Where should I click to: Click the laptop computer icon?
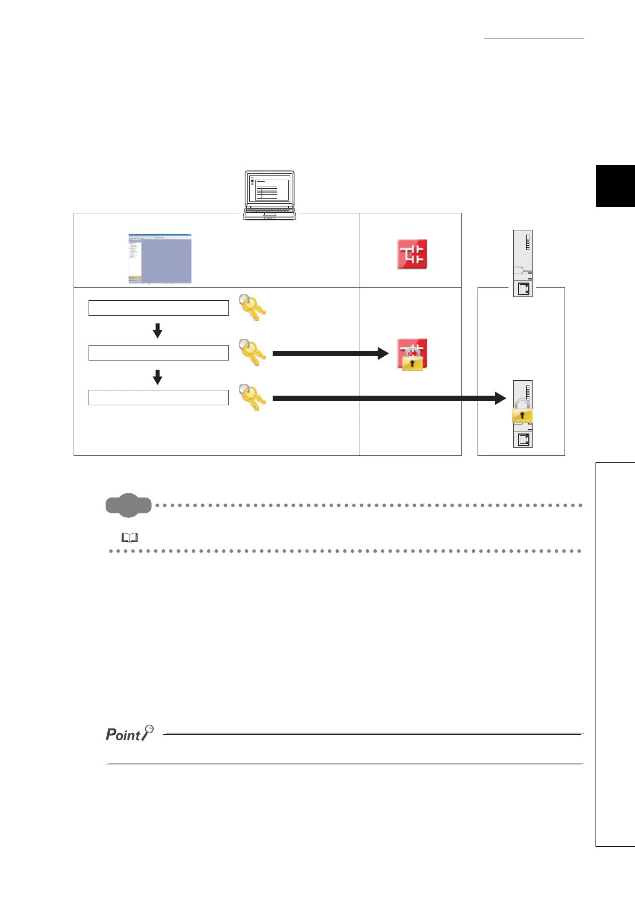pos(269,195)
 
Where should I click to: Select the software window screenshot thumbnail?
pos(160,259)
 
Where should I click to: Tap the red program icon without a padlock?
pos(412,254)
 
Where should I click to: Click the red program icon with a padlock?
pos(412,354)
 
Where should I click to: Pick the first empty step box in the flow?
pos(158,308)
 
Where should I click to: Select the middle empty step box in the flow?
pos(158,352)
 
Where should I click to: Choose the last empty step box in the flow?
pos(158,397)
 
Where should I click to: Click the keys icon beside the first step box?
pos(252,307)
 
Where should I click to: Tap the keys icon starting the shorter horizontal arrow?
pos(252,352)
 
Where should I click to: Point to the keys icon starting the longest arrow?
pos(252,397)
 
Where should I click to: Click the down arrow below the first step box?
pos(157,331)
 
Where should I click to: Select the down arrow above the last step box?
pos(157,377)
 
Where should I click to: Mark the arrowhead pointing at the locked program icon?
pos(383,353)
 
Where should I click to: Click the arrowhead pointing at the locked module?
pos(500,398)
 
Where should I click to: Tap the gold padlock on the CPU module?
pos(522,414)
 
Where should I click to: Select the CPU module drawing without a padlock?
pos(523,263)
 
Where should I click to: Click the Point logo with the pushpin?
pos(130,734)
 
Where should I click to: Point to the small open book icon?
pos(130,538)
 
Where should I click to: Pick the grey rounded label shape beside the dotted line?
pos(129,506)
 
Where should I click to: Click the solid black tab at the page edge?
pos(615,186)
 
